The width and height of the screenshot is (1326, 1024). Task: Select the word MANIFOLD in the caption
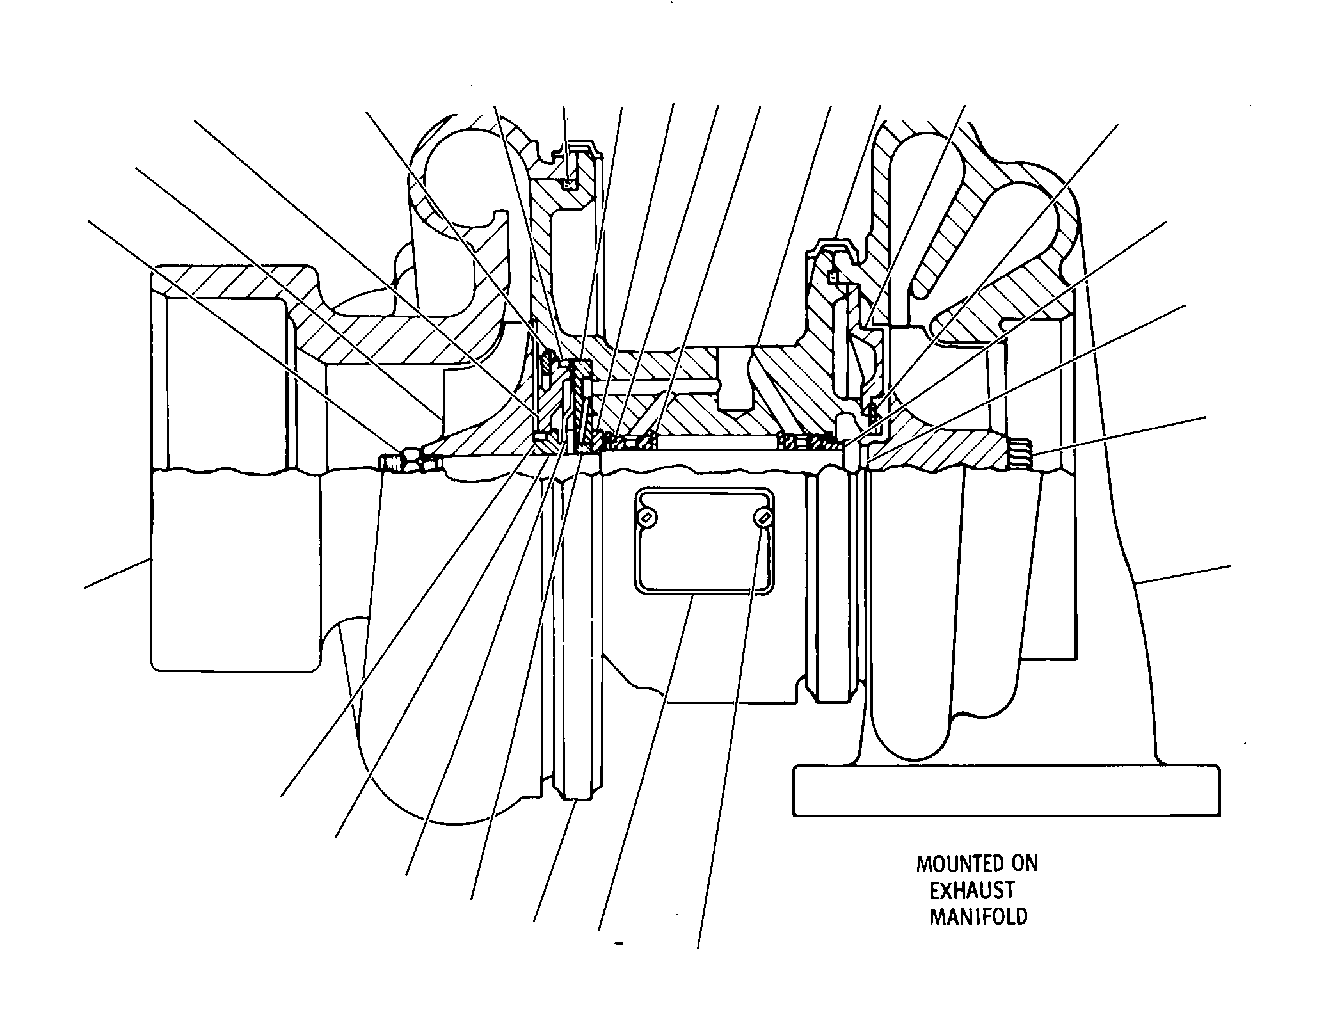click(x=978, y=916)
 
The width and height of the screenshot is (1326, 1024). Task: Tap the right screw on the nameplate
click(x=762, y=517)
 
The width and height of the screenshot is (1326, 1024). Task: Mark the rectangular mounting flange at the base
click(x=1006, y=790)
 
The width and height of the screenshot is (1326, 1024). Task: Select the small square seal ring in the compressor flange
click(x=568, y=185)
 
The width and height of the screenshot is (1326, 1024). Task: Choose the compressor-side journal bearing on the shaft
click(x=632, y=441)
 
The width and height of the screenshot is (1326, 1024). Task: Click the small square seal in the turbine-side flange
click(x=833, y=277)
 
